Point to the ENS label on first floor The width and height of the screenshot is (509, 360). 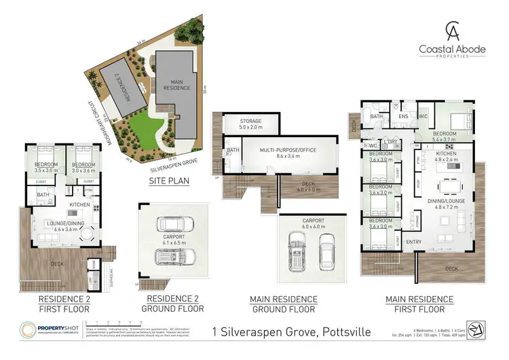[x=403, y=117]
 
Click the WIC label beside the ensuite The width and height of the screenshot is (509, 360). [x=423, y=117]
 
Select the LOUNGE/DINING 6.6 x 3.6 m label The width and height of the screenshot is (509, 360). [x=65, y=226]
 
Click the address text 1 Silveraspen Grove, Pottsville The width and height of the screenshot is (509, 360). [x=270, y=334]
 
